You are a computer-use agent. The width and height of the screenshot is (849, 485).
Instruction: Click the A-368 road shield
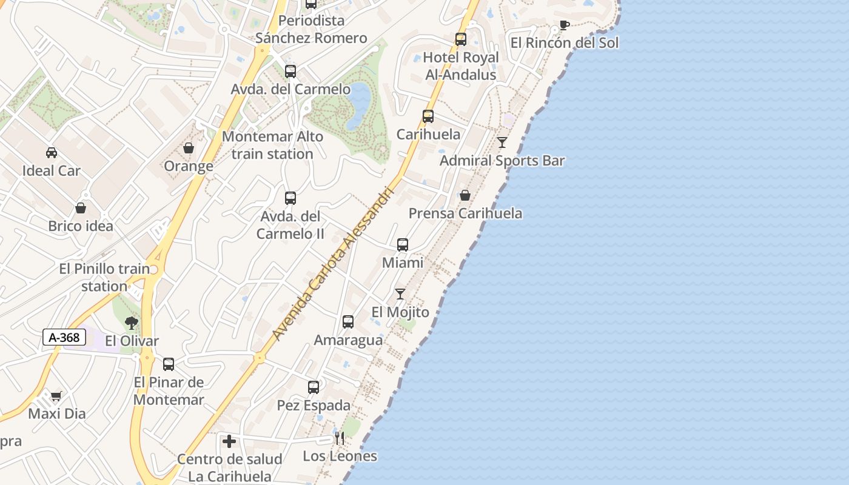[64, 338]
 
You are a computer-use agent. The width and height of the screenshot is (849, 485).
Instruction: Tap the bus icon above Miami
[403, 245]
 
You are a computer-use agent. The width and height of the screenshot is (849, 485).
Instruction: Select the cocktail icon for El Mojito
[400, 294]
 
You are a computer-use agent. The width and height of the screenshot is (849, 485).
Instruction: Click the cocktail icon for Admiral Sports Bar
[502, 142]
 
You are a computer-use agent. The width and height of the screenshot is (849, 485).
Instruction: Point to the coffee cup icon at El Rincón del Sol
[564, 25]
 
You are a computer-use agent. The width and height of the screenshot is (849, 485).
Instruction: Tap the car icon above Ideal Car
[52, 153]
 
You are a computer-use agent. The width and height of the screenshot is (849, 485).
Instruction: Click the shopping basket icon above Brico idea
[81, 208]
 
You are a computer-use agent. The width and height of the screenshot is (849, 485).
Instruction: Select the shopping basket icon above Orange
[189, 148]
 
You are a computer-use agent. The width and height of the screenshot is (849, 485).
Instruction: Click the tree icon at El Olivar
[131, 323]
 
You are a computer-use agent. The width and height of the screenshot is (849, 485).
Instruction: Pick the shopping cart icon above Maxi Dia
[56, 396]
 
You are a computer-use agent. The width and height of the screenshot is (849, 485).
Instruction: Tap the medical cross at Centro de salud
[229, 441]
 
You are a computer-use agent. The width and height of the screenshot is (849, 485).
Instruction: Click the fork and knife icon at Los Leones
[340, 438]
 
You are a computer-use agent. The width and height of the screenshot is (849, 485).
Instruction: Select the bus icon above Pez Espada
[314, 387]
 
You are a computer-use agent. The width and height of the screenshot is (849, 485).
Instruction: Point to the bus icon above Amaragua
[348, 322]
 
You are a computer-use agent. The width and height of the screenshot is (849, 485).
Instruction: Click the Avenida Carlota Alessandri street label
[333, 263]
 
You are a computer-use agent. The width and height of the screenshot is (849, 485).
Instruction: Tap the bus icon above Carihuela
[428, 116]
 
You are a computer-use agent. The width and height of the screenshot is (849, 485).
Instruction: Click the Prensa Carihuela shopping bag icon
[465, 195]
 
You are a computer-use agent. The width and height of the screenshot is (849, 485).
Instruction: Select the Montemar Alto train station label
[272, 145]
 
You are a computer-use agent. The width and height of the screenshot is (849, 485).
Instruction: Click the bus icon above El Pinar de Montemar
[169, 364]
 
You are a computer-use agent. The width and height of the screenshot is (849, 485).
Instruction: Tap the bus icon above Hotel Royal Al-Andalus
[461, 39]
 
